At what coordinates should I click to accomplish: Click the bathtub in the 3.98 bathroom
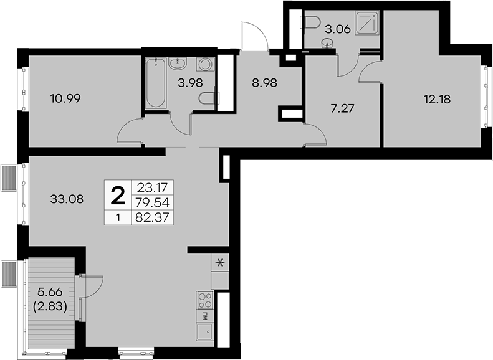[x=156, y=83]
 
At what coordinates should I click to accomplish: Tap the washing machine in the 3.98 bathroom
[x=206, y=64]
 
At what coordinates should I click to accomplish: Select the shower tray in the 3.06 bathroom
[x=367, y=23]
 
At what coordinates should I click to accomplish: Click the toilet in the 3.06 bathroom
[x=312, y=22]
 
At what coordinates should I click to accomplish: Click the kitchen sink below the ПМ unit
[x=205, y=332]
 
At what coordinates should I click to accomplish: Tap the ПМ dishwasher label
[x=205, y=316]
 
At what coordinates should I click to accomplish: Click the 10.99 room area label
[x=65, y=99]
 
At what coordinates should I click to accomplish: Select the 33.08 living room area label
[x=67, y=199]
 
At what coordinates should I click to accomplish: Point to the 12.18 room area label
[x=437, y=100]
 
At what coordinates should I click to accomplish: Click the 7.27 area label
[x=343, y=109]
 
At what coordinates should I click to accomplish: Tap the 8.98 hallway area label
[x=264, y=83]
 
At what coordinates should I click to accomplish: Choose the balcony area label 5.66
[x=50, y=292]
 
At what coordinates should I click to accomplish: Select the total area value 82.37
[x=152, y=217]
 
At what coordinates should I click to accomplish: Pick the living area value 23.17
[x=152, y=188]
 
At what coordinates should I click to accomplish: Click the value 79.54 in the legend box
[x=152, y=202]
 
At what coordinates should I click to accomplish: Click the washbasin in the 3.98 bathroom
[x=178, y=63]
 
